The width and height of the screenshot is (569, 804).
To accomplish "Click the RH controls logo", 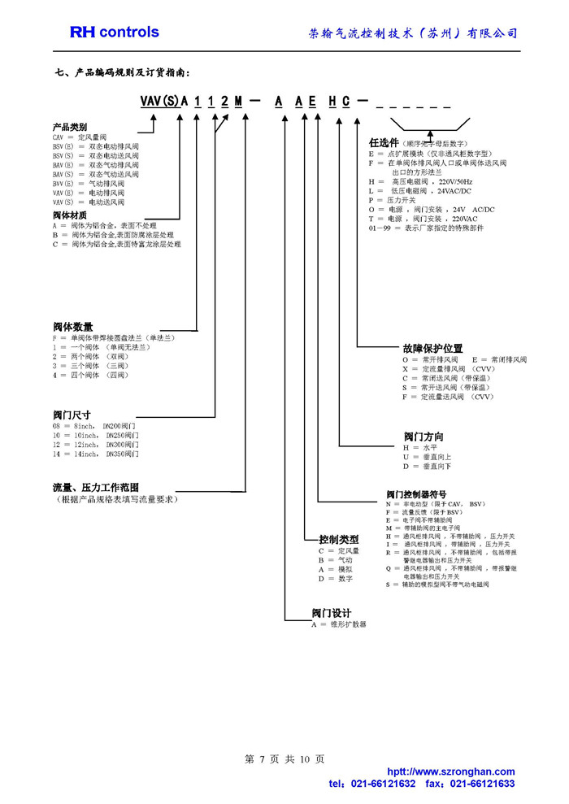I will coord(114,33).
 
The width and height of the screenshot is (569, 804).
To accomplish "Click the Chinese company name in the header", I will coord(414,33).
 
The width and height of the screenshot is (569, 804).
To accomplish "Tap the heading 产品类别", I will coord(70,128).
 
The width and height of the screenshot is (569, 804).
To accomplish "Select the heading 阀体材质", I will coord(70,215).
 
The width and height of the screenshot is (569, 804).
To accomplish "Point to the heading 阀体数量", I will coord(73,327).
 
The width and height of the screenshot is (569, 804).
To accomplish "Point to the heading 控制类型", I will coord(338,539).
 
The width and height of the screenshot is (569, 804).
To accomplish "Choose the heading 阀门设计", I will coord(331,613).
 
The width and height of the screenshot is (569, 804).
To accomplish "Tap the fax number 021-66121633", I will coord(482,784).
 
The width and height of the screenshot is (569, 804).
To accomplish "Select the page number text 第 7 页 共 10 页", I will coord(284,759).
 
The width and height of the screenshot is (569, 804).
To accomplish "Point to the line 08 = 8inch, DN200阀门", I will coord(94,426).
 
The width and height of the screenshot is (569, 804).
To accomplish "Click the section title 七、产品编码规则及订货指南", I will coord(123,72).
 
